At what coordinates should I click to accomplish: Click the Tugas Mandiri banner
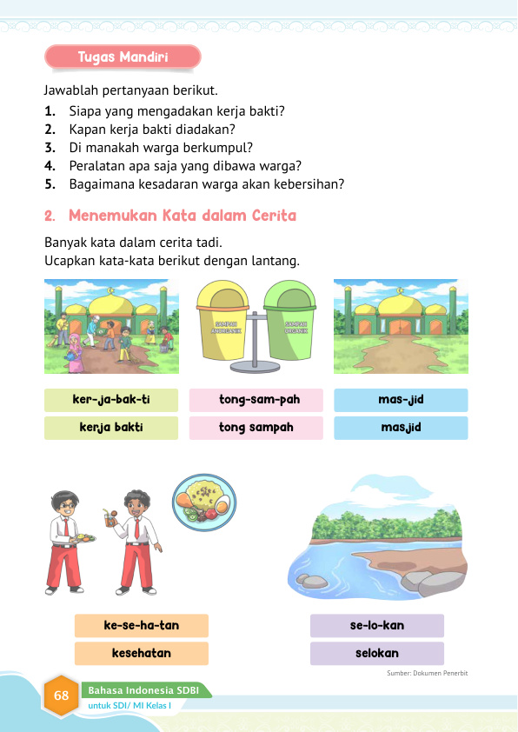(123, 57)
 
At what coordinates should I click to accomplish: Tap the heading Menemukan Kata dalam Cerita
(182, 215)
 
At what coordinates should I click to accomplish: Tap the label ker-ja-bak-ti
(110, 400)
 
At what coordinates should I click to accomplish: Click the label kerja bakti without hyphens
(110, 428)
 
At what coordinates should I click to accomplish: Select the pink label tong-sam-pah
(256, 400)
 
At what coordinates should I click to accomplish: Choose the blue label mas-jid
(401, 400)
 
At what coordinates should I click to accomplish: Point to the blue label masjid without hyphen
(401, 428)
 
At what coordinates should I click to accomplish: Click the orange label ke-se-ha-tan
(141, 626)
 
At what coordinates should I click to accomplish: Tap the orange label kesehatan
(141, 653)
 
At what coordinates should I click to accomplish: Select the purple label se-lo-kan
(376, 626)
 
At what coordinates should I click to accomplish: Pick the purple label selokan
(376, 653)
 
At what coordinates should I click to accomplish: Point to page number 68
(61, 695)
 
